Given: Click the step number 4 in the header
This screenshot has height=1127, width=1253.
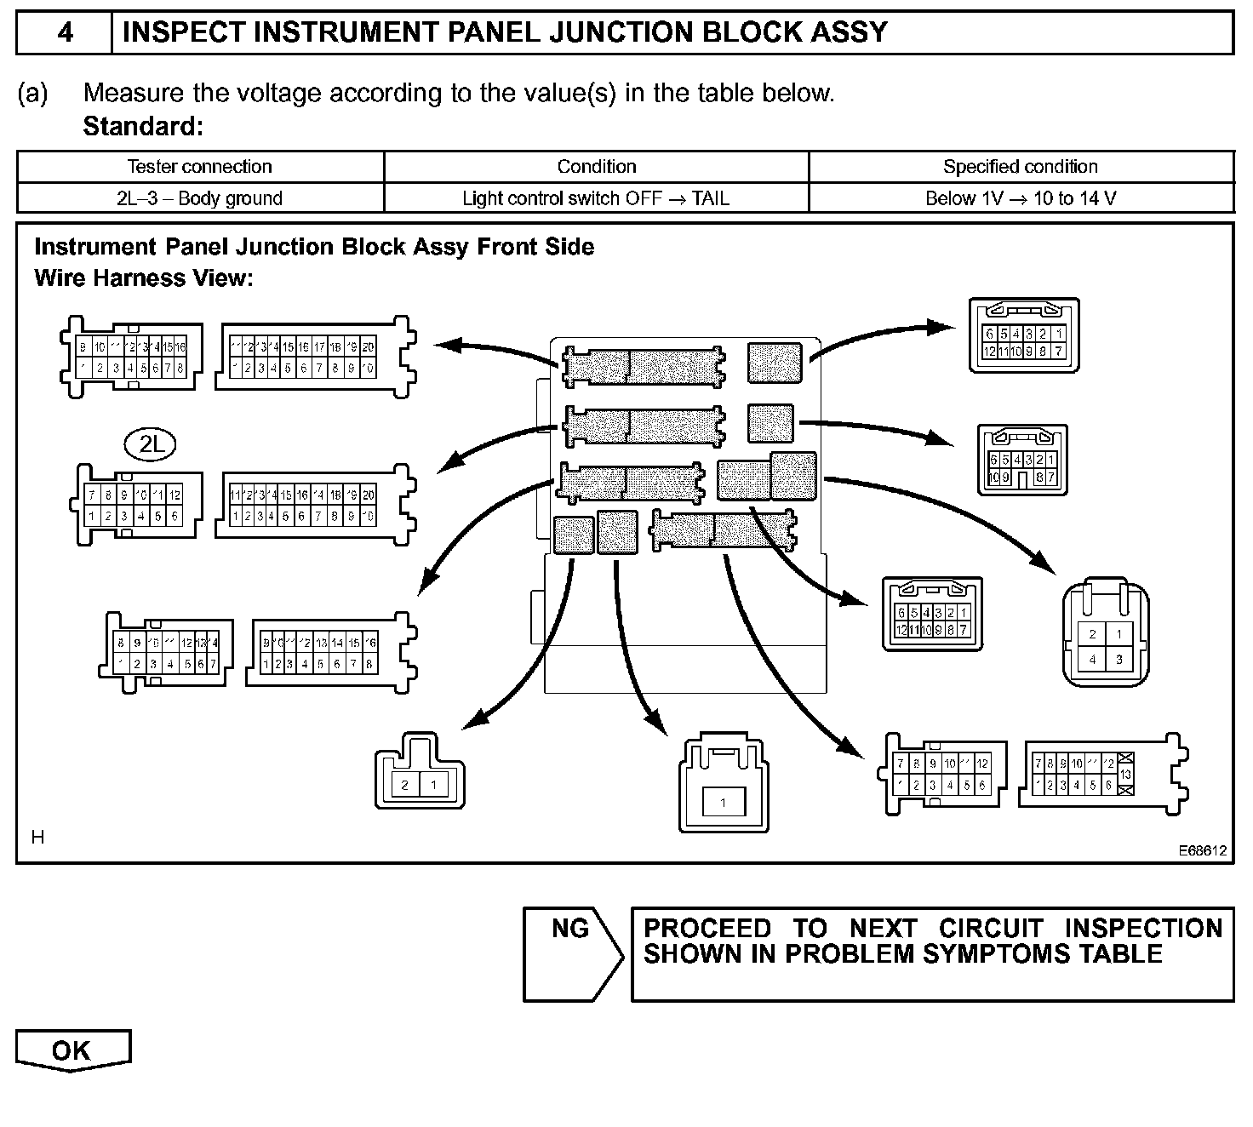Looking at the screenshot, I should [65, 32].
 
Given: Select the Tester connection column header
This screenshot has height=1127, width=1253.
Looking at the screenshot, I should [199, 167].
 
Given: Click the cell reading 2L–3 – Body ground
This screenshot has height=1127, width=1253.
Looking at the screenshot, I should [199, 198].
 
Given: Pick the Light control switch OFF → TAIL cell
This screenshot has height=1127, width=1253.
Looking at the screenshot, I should [596, 198].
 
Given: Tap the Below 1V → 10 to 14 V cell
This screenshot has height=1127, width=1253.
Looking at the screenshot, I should [1021, 198].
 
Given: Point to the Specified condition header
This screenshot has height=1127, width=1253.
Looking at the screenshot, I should [1021, 167].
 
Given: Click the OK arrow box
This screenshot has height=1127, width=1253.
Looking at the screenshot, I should [72, 1050].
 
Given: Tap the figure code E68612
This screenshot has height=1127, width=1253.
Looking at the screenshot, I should [1203, 850].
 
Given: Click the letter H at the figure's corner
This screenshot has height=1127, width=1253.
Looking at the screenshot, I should [37, 838].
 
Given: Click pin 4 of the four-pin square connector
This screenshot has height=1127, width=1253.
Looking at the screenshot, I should [1092, 659].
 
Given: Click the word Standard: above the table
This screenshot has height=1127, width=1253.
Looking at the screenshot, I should [143, 127].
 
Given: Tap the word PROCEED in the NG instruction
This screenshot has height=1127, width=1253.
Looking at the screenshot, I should [707, 928].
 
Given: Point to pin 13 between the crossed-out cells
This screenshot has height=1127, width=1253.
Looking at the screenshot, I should [1125, 774].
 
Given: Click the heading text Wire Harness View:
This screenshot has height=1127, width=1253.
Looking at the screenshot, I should [144, 278].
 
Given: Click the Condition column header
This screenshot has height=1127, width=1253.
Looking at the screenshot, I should [596, 167].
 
